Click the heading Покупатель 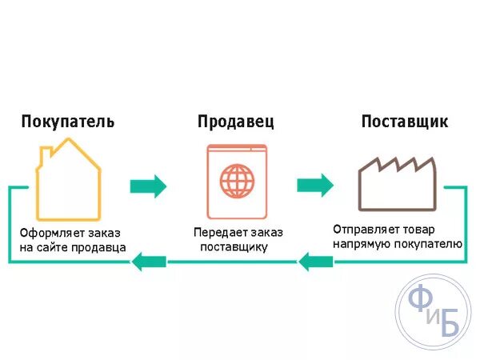pyautogui.click(x=67, y=122)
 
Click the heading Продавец pyautogui.click(x=235, y=122)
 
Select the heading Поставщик pyautogui.click(x=404, y=122)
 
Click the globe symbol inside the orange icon pyautogui.click(x=236, y=181)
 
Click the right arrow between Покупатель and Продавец pyautogui.click(x=148, y=186)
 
